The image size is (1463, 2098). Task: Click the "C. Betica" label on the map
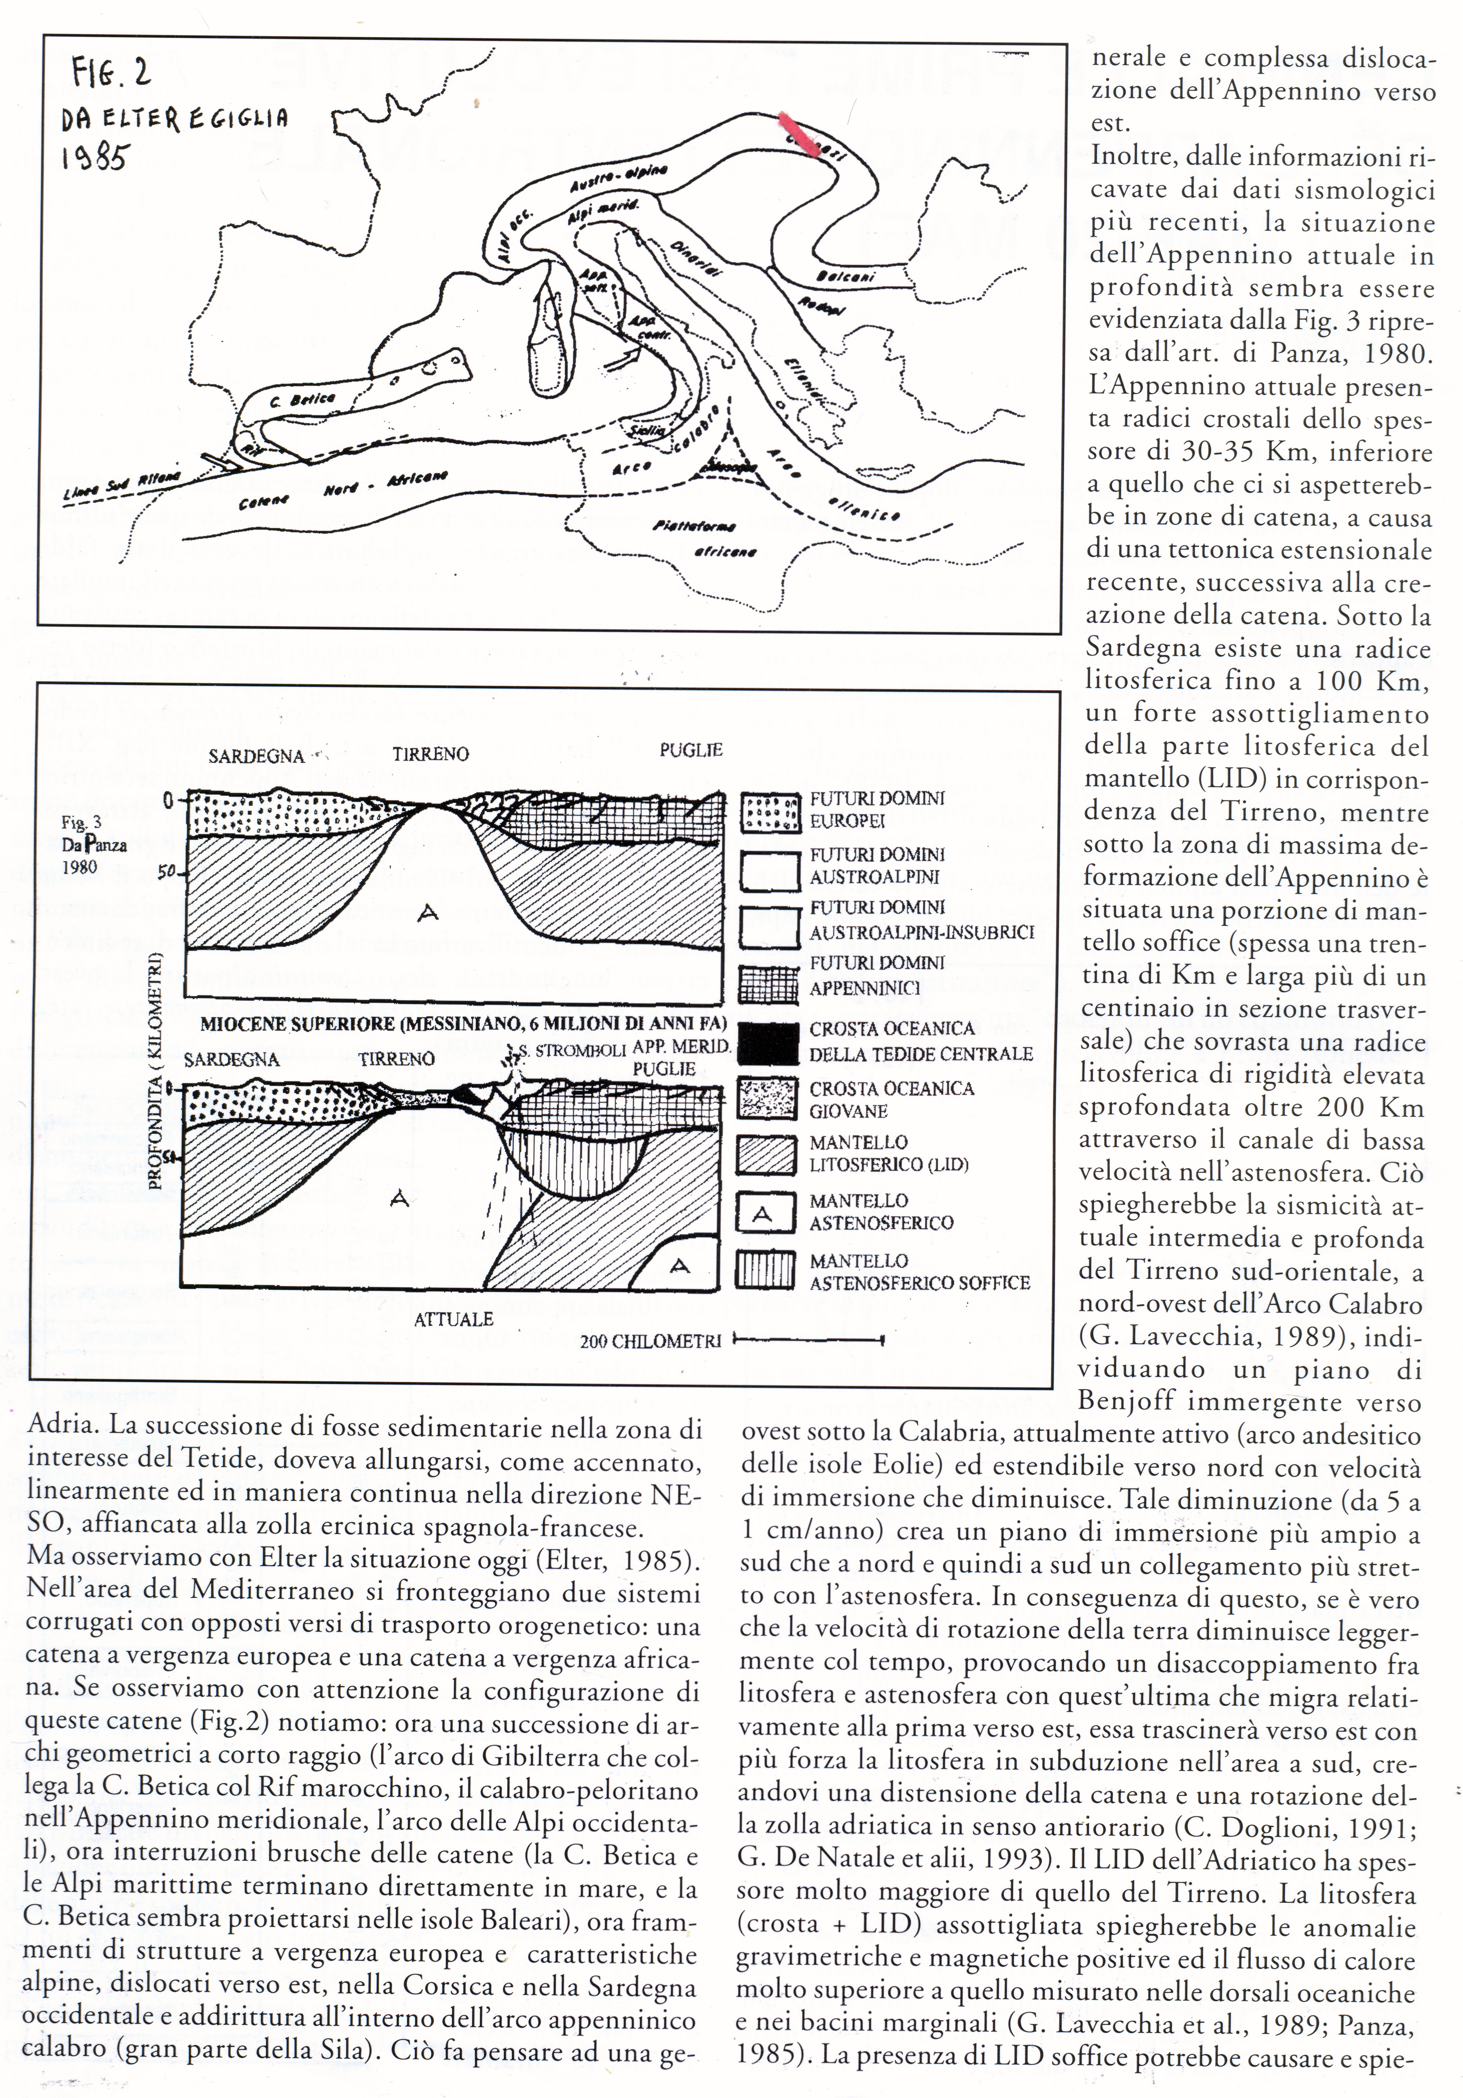coord(304,399)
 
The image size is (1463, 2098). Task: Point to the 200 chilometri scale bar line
coord(808,1340)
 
